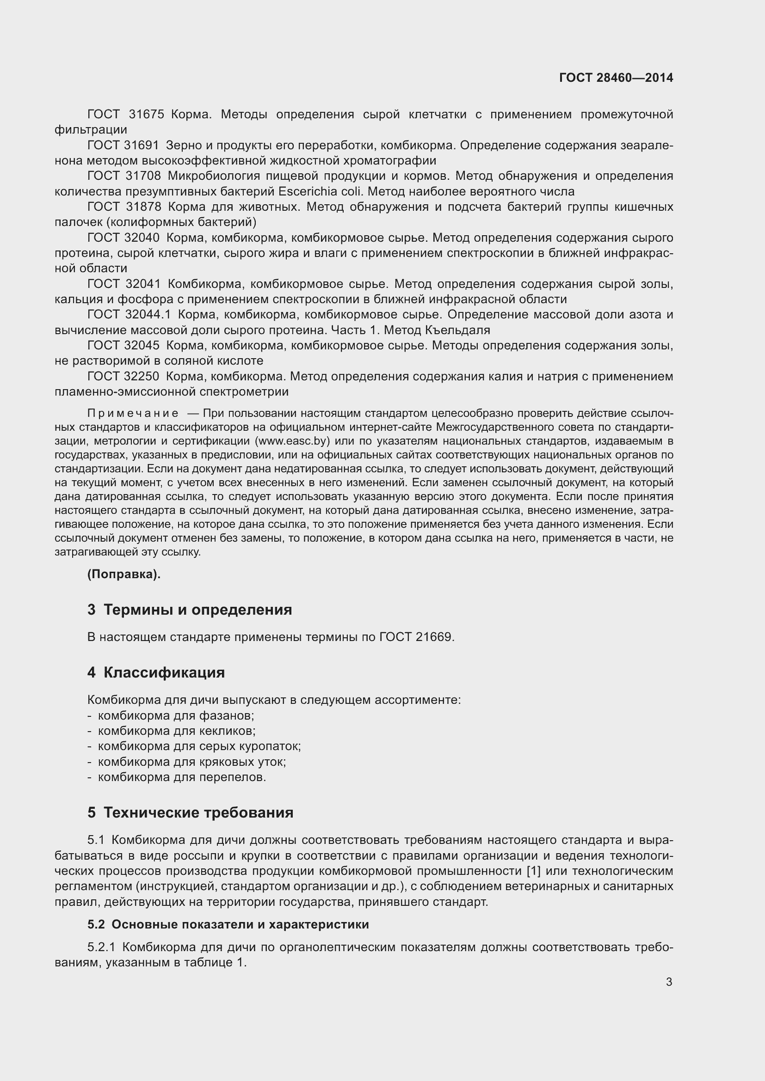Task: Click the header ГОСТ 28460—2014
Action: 616,78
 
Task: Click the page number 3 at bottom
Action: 669,982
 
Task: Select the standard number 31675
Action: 146,115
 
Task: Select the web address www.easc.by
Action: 291,441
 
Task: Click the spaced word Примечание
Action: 133,413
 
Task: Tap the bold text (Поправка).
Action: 124,574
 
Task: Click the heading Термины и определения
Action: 197,610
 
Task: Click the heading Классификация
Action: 164,672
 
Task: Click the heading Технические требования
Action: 198,812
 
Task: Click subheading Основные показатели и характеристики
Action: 240,925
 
